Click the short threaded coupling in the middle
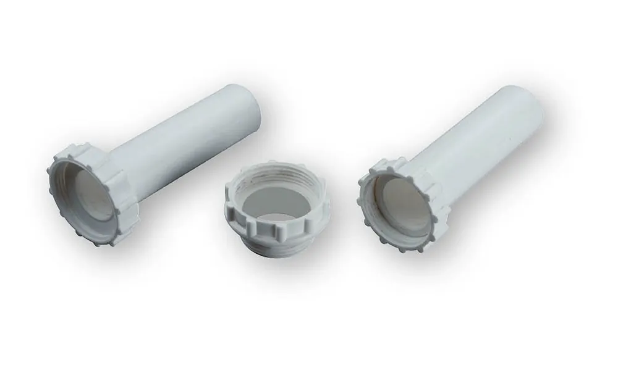click(275, 204)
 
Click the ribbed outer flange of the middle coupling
click(272, 231)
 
